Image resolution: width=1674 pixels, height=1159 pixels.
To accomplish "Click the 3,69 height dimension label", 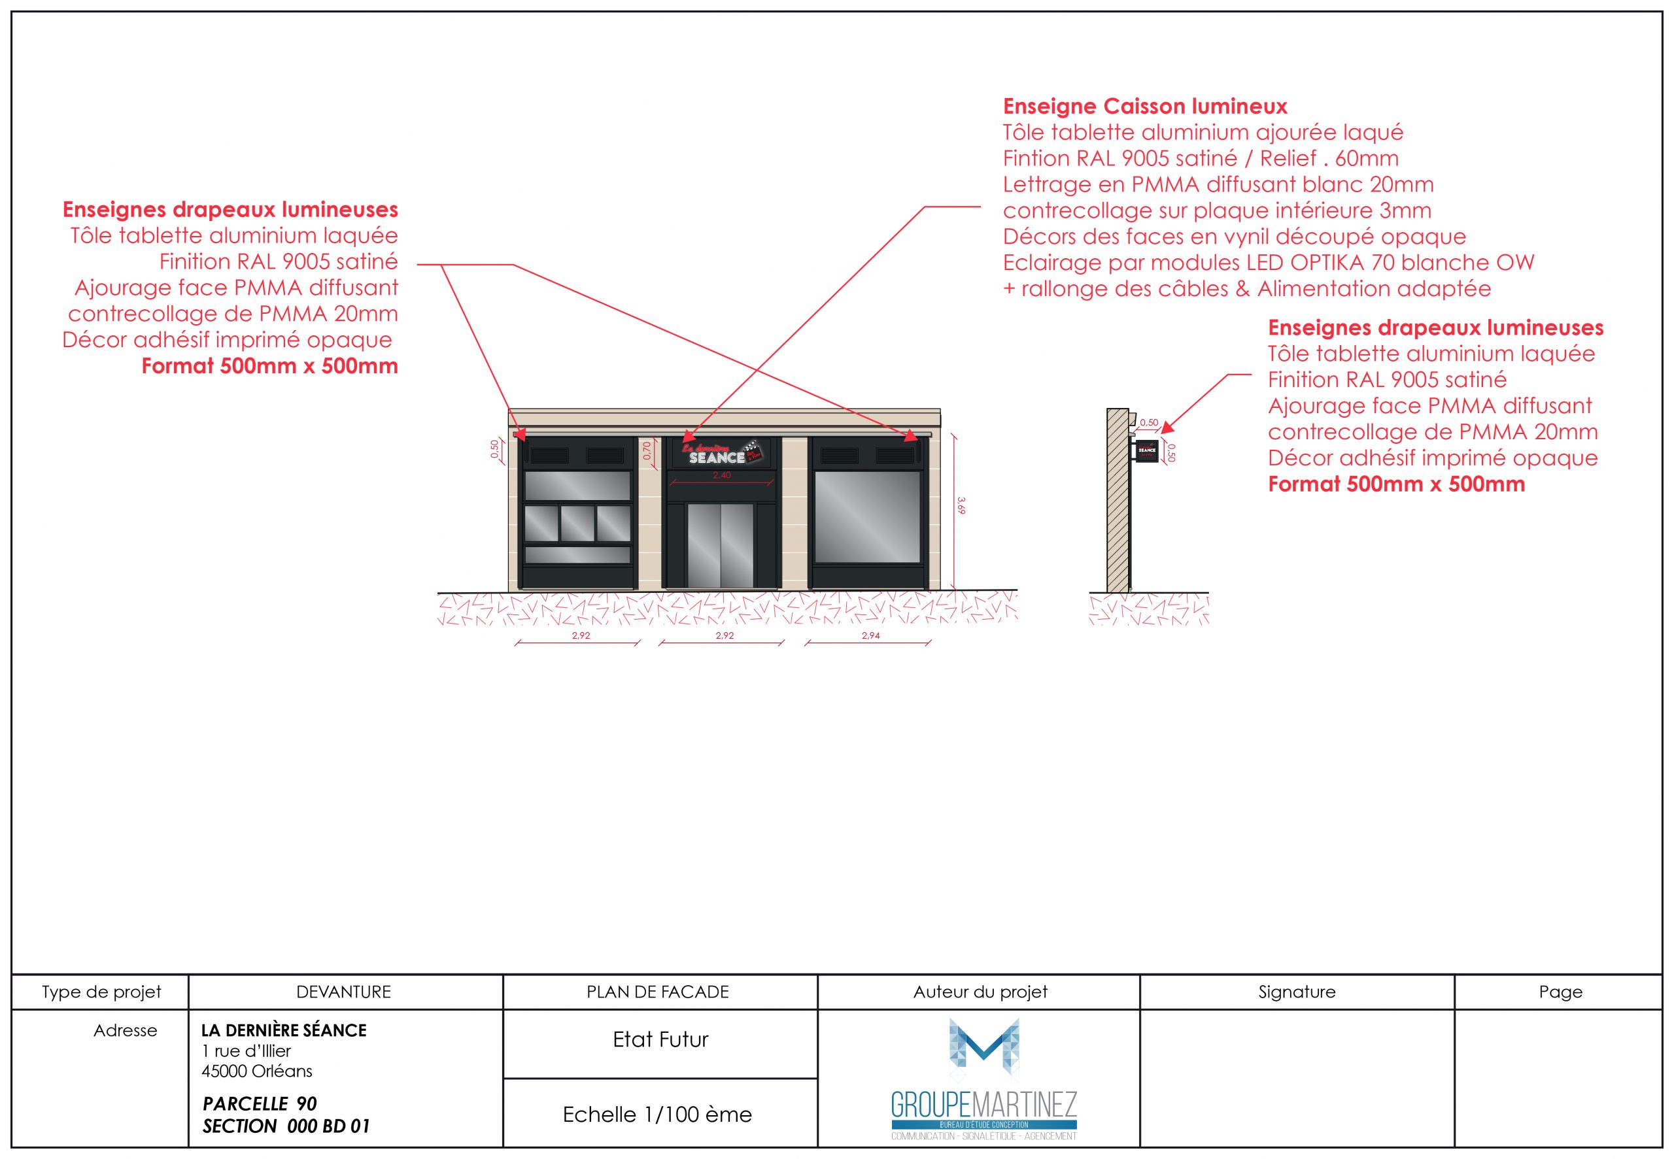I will tap(961, 505).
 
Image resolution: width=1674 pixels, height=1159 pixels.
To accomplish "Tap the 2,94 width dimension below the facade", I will tap(870, 635).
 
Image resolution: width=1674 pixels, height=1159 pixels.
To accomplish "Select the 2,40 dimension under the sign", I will tap(721, 476).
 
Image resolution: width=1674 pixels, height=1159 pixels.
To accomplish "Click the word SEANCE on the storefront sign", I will tap(716, 458).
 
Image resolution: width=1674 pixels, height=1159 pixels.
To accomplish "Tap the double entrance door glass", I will tap(721, 545).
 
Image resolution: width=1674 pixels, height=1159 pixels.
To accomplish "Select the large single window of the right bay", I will tap(867, 516).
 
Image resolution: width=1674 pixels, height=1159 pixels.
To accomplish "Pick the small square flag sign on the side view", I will tap(1147, 450).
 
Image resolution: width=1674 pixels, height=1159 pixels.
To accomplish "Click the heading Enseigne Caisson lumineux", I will tap(1144, 107).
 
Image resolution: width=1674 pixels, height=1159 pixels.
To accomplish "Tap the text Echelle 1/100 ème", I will tap(657, 1115).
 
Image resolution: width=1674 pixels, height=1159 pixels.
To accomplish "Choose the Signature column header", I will tap(1296, 992).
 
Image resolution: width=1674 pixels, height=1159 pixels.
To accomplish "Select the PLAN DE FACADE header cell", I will tap(657, 992).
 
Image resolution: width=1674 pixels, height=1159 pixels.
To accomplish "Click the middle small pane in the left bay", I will tap(577, 523).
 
